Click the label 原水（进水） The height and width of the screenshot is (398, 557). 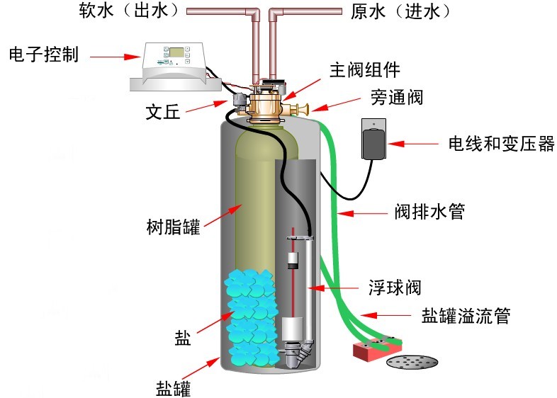click(x=400, y=11)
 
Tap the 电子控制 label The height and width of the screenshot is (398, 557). click(x=43, y=55)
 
